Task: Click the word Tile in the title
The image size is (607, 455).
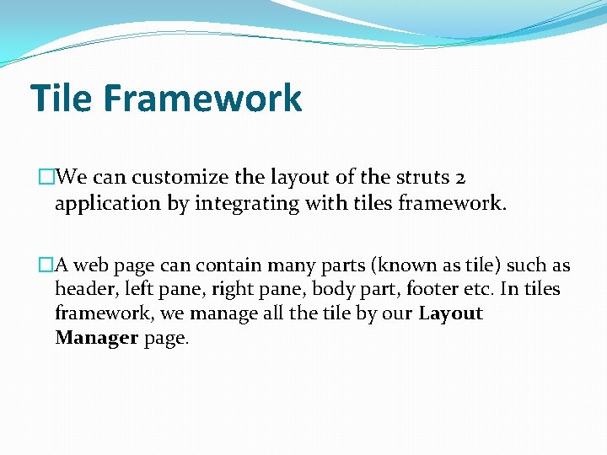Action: tap(62, 98)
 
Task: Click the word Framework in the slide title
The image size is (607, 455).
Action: tap(202, 98)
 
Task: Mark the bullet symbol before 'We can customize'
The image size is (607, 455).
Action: tap(46, 178)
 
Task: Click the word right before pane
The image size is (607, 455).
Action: tap(231, 290)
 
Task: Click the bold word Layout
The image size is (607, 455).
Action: tap(450, 314)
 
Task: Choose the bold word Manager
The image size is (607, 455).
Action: tap(96, 338)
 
